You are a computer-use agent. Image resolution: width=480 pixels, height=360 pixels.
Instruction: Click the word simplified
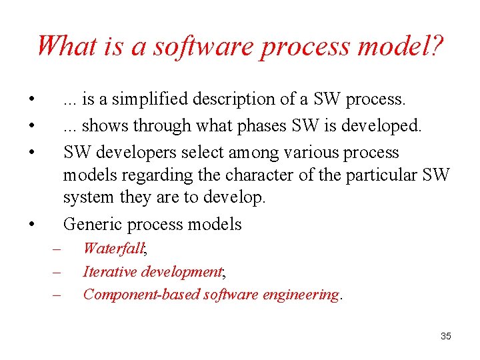pyautogui.click(x=144, y=99)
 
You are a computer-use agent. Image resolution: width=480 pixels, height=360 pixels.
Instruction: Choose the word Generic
pyautogui.click(x=92, y=224)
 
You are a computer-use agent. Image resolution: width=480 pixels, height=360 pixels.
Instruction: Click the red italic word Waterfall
pyautogui.click(x=113, y=249)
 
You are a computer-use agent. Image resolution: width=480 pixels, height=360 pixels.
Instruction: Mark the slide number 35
pyautogui.click(x=445, y=336)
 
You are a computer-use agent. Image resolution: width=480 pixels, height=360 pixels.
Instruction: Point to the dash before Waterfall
pyautogui.click(x=57, y=249)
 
